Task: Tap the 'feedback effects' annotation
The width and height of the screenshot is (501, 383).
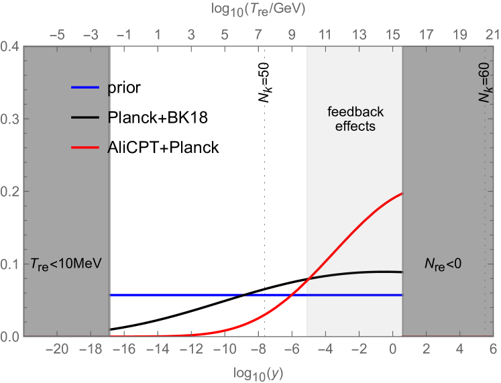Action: tap(355, 119)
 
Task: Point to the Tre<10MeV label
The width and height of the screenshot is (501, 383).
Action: tap(66, 262)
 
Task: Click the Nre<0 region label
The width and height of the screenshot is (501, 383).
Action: tap(443, 264)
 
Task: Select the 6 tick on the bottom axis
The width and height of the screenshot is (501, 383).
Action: tap(492, 349)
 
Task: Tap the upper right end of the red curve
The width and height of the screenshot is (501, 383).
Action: tap(401, 194)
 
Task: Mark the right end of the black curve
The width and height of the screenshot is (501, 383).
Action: tap(401, 272)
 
